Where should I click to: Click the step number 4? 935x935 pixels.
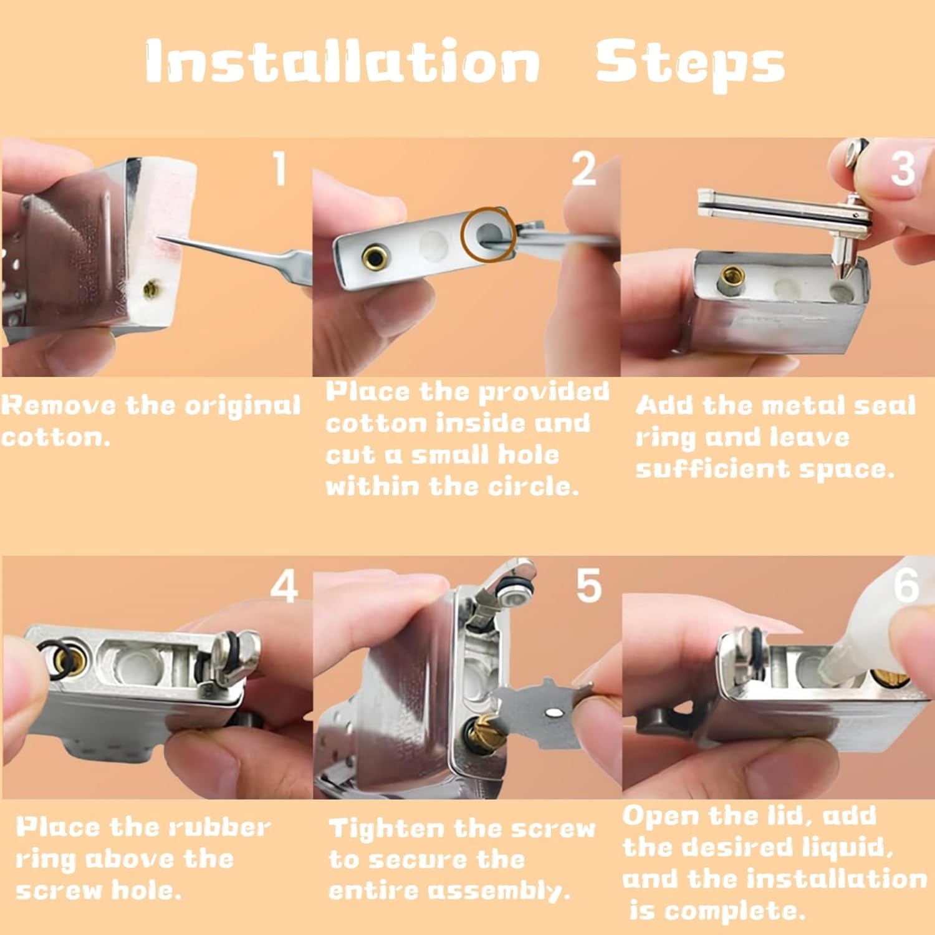coord(284,587)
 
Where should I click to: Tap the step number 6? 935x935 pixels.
coord(906,585)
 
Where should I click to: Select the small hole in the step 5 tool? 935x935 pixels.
coord(551,711)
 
